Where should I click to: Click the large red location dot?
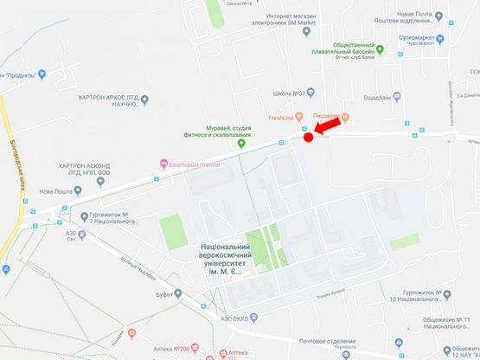tap(308, 137)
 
